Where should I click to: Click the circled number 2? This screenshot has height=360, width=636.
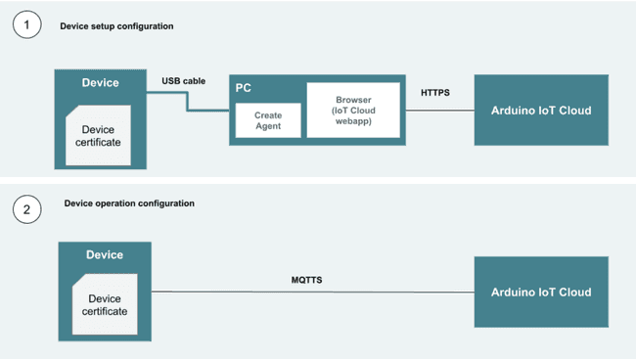click(x=27, y=206)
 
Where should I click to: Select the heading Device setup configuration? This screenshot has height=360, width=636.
click(x=117, y=26)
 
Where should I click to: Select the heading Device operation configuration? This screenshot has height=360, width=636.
click(x=129, y=203)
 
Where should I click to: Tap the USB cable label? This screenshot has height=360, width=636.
click(x=183, y=80)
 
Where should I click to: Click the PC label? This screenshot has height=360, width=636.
click(x=245, y=87)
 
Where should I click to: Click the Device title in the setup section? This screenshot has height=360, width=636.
click(x=102, y=83)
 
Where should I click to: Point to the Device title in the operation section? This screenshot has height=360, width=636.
click(x=104, y=254)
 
